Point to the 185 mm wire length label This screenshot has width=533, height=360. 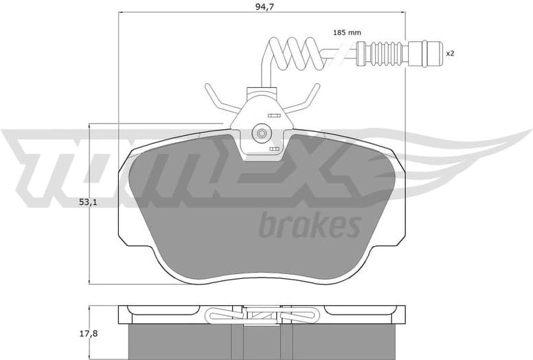coord(347,32)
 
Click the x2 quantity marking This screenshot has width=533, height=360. coord(451,52)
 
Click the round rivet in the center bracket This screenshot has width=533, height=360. coord(261,133)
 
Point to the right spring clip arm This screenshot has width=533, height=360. coord(304,101)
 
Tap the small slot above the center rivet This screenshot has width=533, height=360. coord(273,115)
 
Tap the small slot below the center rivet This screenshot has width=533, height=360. coord(274,149)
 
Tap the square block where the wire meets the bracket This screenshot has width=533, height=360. coord(261,93)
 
